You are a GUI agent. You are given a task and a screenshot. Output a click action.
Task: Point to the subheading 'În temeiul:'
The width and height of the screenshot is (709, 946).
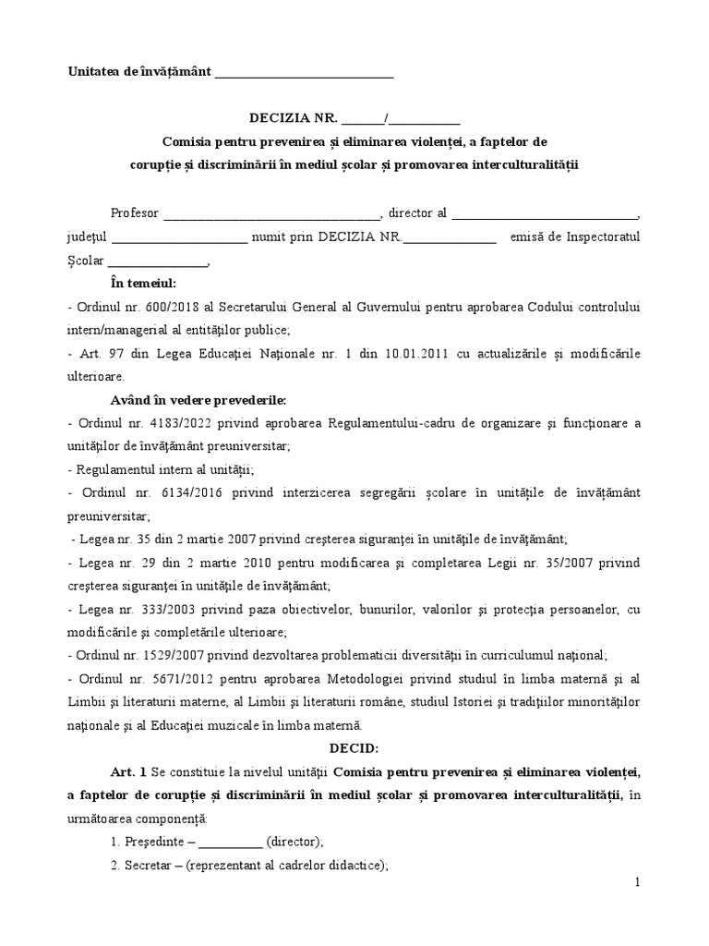click(142, 283)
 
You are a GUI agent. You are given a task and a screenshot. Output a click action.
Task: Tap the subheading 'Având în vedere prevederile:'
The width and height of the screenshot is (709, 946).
click(198, 400)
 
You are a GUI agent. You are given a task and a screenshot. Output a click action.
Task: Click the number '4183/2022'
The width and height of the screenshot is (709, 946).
click(166, 424)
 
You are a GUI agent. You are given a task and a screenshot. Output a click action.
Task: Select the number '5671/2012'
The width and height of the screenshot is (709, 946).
click(166, 679)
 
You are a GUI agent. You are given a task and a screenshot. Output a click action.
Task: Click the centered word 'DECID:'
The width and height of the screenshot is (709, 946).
click(354, 748)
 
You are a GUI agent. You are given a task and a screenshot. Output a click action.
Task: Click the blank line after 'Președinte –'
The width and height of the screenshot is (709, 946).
click(230, 843)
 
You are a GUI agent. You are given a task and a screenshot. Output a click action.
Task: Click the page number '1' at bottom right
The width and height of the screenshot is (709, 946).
click(637, 883)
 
